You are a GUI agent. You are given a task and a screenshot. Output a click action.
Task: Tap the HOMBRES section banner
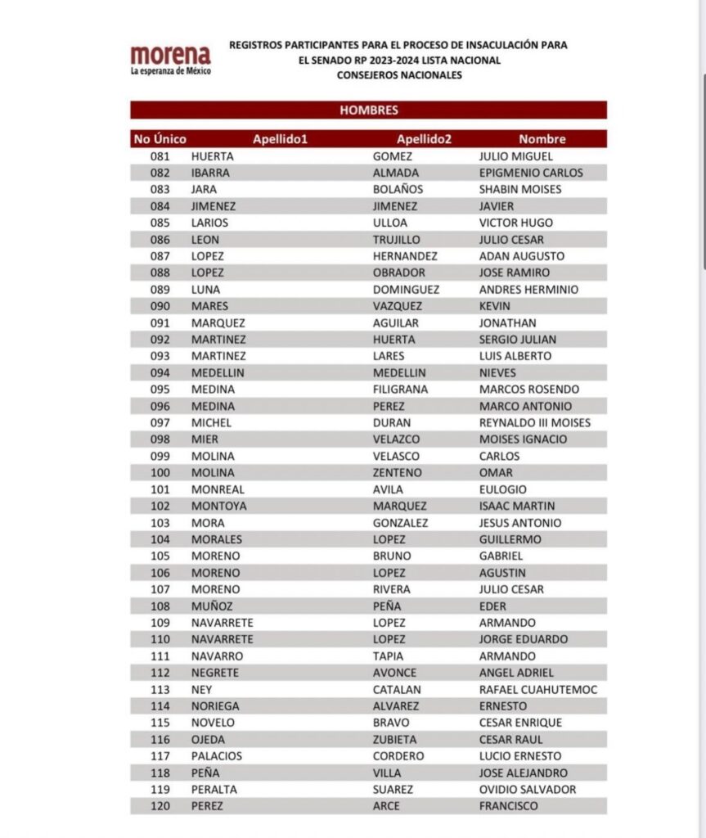[x=368, y=110]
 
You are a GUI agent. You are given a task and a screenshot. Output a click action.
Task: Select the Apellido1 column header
[x=280, y=139]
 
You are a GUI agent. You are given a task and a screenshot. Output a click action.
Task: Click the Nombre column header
[x=542, y=139]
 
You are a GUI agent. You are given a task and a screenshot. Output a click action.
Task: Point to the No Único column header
[x=160, y=139]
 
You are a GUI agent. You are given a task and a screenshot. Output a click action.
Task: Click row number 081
[x=160, y=156]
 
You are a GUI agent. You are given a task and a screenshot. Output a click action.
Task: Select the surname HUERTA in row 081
[x=213, y=156]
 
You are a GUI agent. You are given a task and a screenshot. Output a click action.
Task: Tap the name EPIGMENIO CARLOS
[x=531, y=173]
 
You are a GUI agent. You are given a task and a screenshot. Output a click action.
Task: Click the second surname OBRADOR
[x=398, y=273]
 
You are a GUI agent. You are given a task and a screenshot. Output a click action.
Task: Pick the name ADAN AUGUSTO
[x=521, y=256]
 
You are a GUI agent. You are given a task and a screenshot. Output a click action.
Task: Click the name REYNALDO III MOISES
[x=534, y=423]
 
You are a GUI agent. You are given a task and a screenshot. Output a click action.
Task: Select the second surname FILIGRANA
[x=400, y=390]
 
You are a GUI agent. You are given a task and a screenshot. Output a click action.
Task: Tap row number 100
[x=160, y=473]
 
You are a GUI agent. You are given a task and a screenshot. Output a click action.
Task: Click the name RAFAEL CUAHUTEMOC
[x=537, y=690]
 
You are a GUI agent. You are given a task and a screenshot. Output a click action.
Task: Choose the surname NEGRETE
[x=215, y=673]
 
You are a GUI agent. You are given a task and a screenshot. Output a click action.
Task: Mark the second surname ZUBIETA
[x=396, y=740]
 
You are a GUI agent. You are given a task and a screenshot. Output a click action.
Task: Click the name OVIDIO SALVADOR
[x=527, y=790]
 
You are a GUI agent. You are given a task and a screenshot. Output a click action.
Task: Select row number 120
[x=160, y=806]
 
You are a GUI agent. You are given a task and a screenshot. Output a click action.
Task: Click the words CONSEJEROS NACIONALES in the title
[x=399, y=75]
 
